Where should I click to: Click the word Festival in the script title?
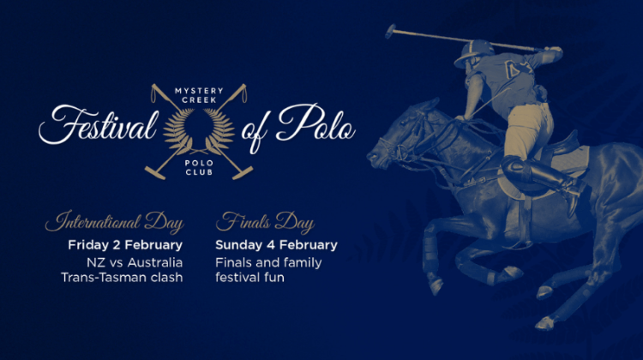tap(99, 125)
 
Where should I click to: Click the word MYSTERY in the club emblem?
tap(199, 91)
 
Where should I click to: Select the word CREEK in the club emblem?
tap(199, 99)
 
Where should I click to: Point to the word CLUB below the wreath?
tap(199, 172)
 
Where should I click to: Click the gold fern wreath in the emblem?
tap(199, 131)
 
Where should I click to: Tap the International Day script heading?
tap(114, 222)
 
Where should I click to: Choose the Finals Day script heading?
tap(265, 222)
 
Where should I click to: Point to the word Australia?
tap(155, 262)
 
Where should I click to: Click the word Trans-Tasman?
tap(103, 278)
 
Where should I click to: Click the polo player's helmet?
tap(474, 51)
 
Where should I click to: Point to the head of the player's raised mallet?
tap(390, 32)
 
